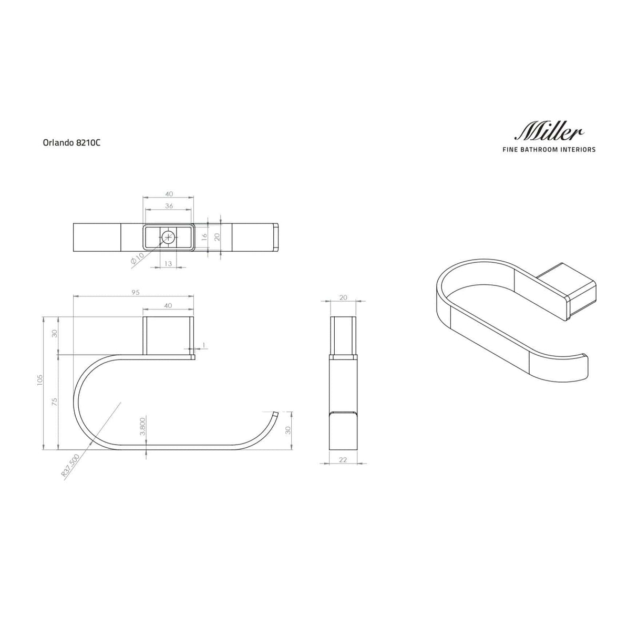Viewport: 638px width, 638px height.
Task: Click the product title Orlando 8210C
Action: point(71,142)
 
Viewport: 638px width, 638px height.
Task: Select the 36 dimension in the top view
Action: point(169,206)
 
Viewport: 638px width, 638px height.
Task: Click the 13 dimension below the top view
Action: point(168,263)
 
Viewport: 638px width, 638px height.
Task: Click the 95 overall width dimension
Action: point(133,292)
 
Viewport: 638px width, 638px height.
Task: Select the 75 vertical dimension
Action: point(55,402)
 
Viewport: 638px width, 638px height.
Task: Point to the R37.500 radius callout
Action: point(70,465)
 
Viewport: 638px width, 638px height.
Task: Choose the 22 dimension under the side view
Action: point(343,460)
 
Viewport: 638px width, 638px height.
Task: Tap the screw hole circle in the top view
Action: point(169,237)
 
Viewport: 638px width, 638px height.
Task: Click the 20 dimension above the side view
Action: point(343,297)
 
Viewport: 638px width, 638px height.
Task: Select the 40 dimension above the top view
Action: point(169,194)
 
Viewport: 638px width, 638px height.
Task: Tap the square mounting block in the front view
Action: point(168,336)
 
